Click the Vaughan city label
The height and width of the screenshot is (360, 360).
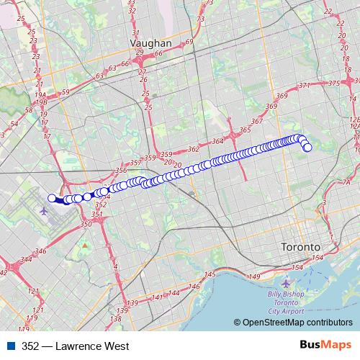tap(150, 43)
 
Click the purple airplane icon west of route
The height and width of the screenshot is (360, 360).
tap(45, 211)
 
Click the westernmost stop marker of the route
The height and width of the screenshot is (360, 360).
tap(52, 198)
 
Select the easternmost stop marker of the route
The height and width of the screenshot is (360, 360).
tap(307, 148)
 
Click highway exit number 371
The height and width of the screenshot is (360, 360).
tap(305, 86)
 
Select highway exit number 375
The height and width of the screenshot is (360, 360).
tap(333, 84)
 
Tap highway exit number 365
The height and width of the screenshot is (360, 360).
tap(246, 130)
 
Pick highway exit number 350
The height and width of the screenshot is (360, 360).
tap(86, 225)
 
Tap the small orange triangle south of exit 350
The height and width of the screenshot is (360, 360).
tap(85, 246)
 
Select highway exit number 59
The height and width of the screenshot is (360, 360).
tap(66, 92)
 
